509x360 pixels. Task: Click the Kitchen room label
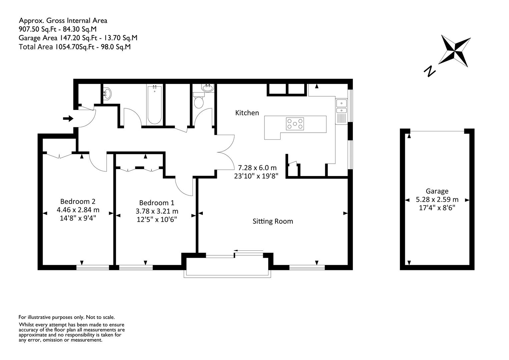[x=247, y=113]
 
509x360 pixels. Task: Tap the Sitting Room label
[x=273, y=221]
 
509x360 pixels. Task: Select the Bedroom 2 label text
[x=78, y=201]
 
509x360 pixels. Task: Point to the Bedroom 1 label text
[x=156, y=203]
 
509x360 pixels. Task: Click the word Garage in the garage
[x=437, y=191]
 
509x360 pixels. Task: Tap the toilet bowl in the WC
[x=198, y=102]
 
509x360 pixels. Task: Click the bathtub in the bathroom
[x=154, y=105]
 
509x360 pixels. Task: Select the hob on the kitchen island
[x=295, y=124]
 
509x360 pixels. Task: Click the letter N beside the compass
[x=430, y=71]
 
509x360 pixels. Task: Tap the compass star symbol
[x=454, y=51]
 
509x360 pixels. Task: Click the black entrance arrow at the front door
[x=68, y=118]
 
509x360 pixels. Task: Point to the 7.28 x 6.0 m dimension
[x=257, y=168]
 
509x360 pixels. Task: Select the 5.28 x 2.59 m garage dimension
[x=437, y=200]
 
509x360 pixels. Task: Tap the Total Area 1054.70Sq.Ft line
[x=57, y=47]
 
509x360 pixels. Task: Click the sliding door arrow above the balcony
[x=248, y=250]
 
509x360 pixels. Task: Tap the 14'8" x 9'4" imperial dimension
[x=78, y=218]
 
